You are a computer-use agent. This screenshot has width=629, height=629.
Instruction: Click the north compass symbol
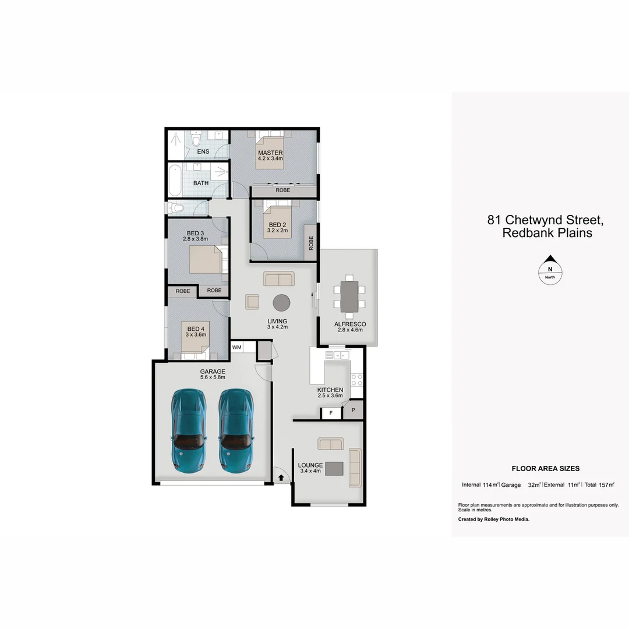tap(550, 270)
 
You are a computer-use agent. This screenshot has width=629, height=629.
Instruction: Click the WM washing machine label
tap(237, 347)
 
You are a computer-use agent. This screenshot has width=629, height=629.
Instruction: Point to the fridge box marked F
tap(331, 413)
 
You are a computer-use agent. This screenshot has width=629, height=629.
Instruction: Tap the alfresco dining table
tap(349, 295)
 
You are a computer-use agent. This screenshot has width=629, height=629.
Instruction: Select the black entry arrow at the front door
tap(282, 478)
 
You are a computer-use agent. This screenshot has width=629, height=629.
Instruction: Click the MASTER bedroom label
tap(270, 153)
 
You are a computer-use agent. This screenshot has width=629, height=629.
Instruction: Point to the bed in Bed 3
tap(204, 260)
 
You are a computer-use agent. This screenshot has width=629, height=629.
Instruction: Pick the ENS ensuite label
tap(203, 151)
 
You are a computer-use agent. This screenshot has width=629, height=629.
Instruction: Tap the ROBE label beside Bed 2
tap(311, 243)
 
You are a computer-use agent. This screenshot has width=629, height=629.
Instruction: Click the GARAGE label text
tap(212, 372)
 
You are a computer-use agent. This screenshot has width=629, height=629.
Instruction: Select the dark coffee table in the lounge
tap(334, 468)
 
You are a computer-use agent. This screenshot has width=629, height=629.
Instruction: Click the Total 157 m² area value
tap(600, 485)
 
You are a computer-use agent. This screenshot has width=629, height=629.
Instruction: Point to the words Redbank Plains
tap(547, 233)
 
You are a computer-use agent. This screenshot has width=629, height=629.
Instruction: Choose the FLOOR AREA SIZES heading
tap(545, 468)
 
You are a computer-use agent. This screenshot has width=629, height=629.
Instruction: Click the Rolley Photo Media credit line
tap(494, 519)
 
